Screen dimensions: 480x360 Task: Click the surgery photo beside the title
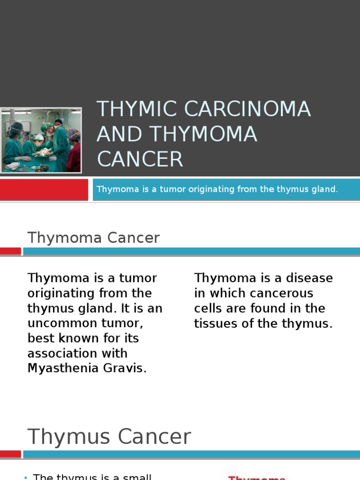(41, 140)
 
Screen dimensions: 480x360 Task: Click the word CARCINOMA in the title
(247, 109)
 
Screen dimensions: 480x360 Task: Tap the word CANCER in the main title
(140, 159)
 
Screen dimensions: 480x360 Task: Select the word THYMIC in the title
(137, 109)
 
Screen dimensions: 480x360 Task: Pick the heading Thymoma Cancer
(93, 238)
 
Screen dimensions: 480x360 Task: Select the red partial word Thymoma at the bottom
(256, 478)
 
